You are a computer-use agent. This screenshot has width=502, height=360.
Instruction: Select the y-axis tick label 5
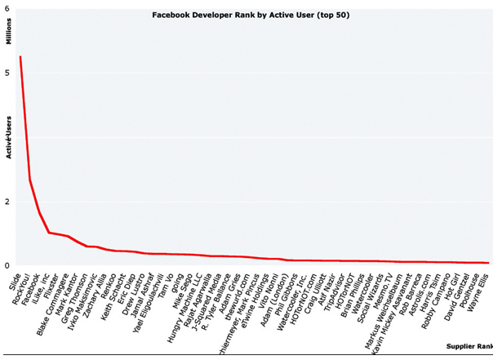8,73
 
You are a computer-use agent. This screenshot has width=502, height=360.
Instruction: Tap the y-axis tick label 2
8,202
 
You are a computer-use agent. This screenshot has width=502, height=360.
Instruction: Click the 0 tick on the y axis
8,265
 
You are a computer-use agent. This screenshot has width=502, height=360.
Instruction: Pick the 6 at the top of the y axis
8,7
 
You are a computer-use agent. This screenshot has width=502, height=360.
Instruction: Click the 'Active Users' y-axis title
9,136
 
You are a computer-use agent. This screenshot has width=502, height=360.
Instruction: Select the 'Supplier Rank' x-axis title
470,346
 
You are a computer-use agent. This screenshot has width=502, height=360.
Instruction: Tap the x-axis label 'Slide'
16,279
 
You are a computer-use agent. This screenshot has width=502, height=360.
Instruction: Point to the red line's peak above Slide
20,57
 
